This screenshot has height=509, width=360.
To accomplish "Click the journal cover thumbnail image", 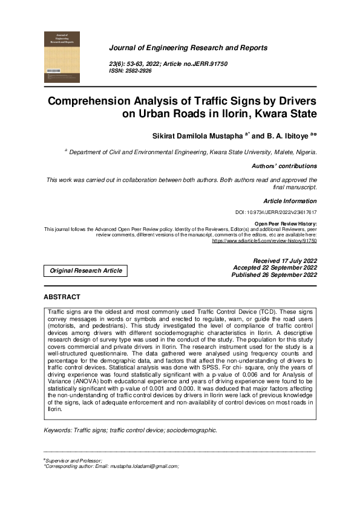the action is (62, 57).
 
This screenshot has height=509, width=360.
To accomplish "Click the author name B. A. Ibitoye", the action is (285, 135).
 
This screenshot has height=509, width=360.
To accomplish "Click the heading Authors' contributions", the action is (284, 166).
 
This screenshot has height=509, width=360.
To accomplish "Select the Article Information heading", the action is (290, 201).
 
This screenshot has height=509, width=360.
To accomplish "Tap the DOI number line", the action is (275, 213).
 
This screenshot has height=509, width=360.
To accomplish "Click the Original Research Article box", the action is (85, 271).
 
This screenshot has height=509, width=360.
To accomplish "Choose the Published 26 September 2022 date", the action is (274, 275).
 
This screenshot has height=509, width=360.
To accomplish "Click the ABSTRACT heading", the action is (62, 297).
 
